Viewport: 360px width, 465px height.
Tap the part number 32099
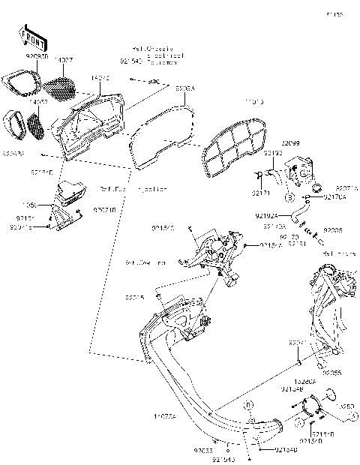(x=291, y=142)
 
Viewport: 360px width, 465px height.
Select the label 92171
(x=259, y=193)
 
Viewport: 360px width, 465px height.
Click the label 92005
(x=333, y=230)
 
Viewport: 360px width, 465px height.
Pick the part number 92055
(x=333, y=371)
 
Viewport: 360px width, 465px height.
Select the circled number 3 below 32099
(x=287, y=198)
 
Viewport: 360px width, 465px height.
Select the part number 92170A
(x=334, y=197)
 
